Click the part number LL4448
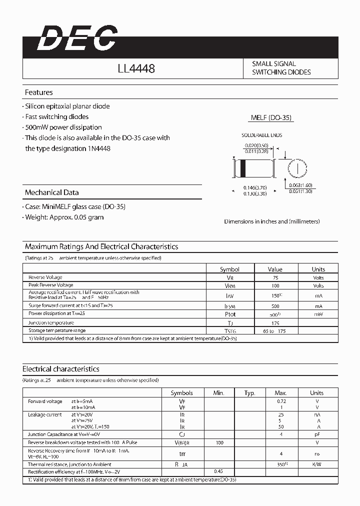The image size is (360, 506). point(136,68)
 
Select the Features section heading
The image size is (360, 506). point(38,92)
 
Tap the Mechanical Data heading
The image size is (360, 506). point(51,192)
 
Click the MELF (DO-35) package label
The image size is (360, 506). point(271,118)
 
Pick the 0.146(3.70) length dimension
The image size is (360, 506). point(254,187)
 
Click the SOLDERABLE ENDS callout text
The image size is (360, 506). point(262,135)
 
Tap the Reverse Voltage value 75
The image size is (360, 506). point(274,277)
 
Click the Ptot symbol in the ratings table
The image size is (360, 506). point(229,314)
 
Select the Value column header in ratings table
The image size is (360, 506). point(274,269)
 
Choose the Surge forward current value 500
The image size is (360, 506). point(274,305)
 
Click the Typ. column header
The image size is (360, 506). point(249,393)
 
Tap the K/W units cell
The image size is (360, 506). point(316,464)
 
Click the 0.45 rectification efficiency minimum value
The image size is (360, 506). point(218,471)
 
